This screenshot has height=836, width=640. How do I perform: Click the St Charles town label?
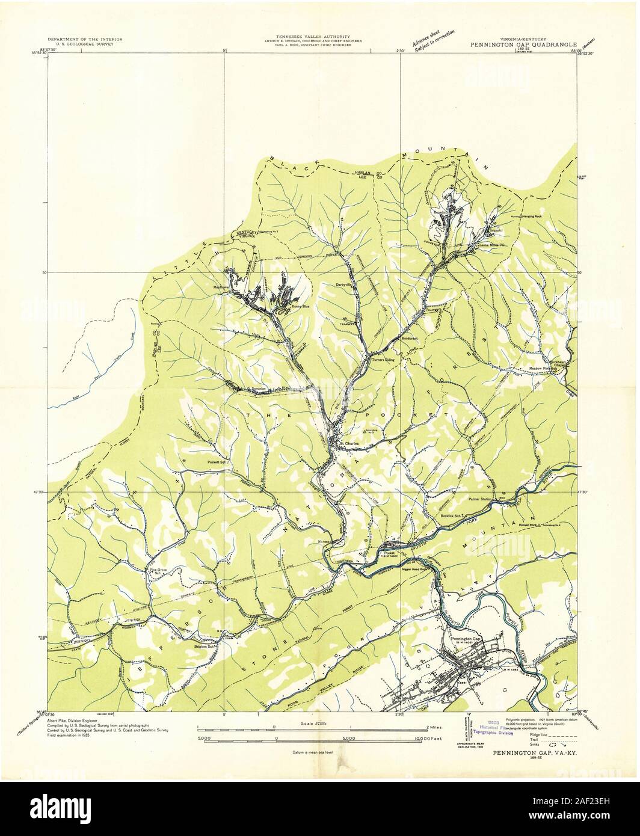[351, 444]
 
